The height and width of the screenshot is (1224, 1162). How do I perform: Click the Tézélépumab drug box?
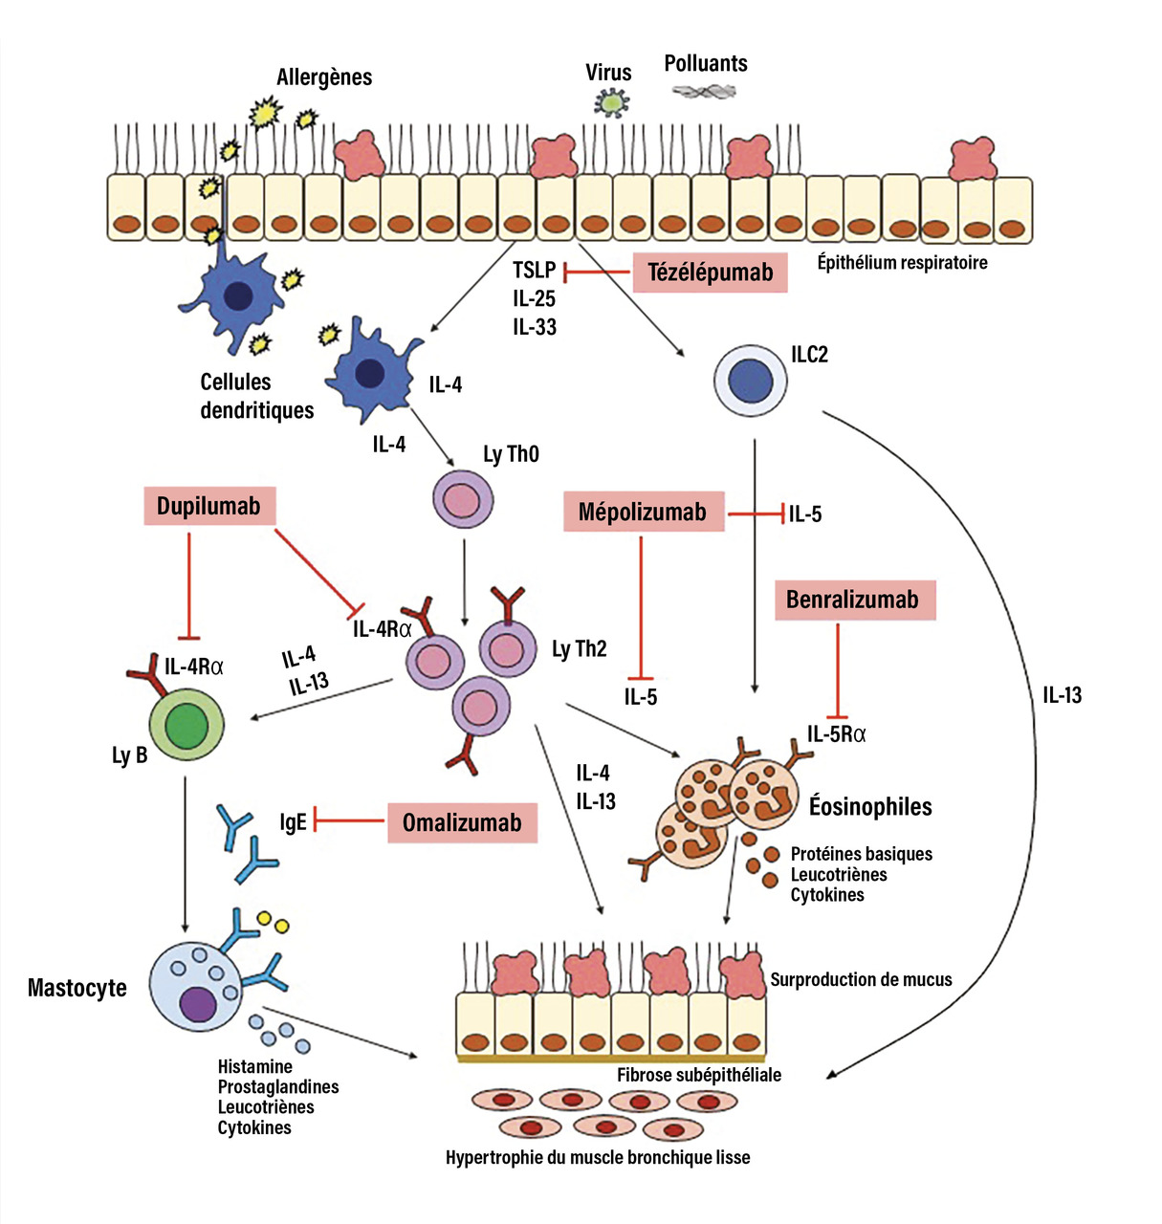[x=710, y=273]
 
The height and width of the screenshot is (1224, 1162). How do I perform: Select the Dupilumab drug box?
[x=208, y=506]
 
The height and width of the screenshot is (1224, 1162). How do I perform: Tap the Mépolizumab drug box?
[x=642, y=513]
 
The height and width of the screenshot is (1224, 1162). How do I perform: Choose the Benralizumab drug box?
[x=852, y=600]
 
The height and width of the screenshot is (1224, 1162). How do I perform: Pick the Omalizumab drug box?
[x=462, y=822]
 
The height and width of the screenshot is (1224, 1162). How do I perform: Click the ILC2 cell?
[x=751, y=382]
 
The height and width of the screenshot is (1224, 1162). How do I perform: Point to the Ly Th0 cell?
[x=464, y=498]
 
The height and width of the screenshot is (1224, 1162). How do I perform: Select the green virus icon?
[x=608, y=101]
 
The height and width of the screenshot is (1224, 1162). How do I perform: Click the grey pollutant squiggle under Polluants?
[x=704, y=92]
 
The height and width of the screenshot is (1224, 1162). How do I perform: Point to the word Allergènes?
[x=324, y=77]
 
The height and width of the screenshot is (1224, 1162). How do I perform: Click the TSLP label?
[x=534, y=271]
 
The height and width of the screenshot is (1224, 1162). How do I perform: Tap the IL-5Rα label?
[x=837, y=734]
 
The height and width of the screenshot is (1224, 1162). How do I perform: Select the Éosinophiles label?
[x=870, y=806]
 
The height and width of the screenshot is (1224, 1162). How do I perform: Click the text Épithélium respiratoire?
[x=902, y=262]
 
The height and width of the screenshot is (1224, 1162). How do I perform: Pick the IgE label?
[x=293, y=822]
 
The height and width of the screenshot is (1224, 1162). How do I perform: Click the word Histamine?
[x=255, y=1066]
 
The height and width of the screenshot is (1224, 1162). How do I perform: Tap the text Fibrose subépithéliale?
[x=699, y=1075]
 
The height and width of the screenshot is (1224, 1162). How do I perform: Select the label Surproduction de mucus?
[x=861, y=979]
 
